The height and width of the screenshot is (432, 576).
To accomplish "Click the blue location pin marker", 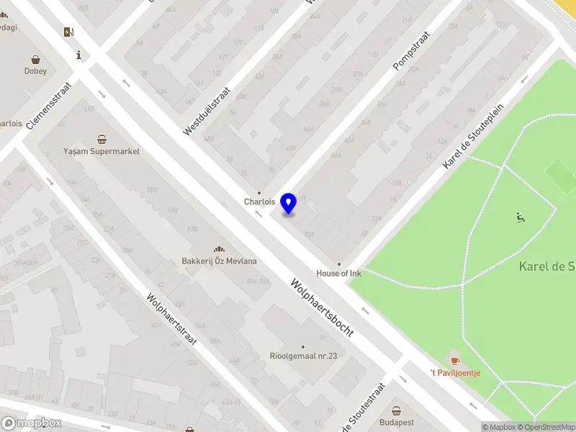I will [289, 204].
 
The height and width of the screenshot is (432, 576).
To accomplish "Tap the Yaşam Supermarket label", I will [102, 152].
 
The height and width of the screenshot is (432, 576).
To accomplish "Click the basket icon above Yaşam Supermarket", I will [102, 139].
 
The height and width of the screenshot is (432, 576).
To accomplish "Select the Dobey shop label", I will [35, 71].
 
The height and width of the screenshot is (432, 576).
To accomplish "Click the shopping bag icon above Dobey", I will [35, 59].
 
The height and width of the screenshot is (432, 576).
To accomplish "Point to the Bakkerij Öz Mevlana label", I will [219, 261].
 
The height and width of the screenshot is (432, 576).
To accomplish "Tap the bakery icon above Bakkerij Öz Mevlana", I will [219, 249].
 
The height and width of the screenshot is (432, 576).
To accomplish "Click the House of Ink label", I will [338, 274].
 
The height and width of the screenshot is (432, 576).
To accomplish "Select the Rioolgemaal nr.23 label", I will [303, 356].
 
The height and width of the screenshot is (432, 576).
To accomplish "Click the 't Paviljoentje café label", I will [455, 372].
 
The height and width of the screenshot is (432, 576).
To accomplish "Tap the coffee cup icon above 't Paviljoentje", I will [454, 360].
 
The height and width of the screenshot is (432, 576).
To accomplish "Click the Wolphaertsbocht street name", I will [322, 307].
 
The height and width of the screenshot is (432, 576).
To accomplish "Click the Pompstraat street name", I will [411, 50].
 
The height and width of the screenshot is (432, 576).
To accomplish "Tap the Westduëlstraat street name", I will [207, 112].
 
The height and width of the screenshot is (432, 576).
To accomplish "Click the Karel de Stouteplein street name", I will [473, 135].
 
